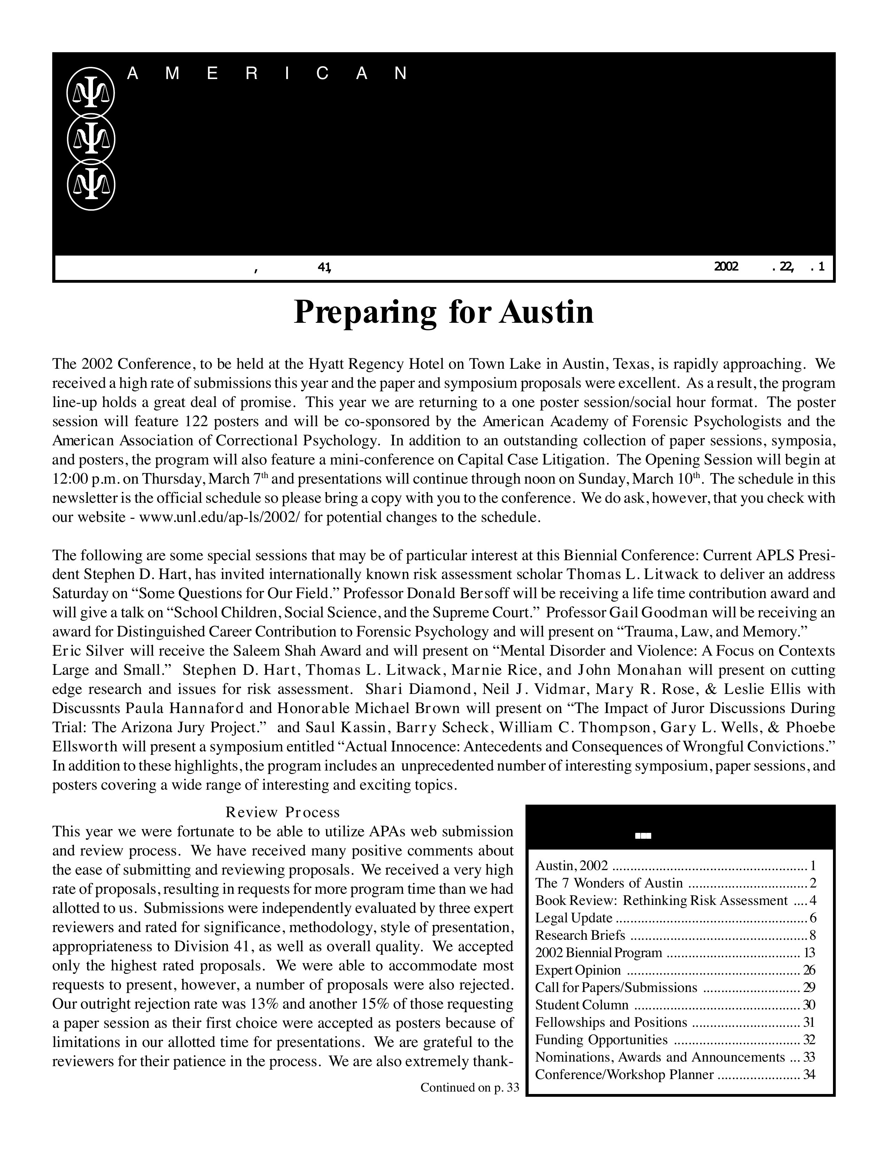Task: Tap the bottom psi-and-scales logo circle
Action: (x=91, y=186)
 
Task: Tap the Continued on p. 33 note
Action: (x=469, y=1087)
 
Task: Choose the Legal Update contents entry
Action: (x=574, y=918)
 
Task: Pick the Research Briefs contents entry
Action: (x=580, y=936)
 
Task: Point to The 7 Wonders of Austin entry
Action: (x=609, y=883)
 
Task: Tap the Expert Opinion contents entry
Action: (x=578, y=970)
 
